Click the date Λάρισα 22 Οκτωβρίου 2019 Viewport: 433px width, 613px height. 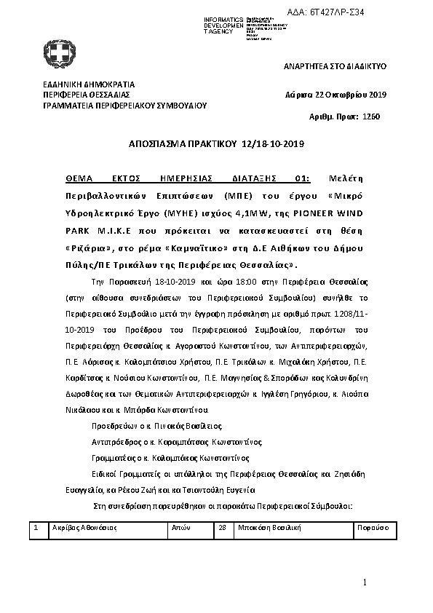click(x=336, y=95)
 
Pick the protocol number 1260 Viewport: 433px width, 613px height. click(x=370, y=116)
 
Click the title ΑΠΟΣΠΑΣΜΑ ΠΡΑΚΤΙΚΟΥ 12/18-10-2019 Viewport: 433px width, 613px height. click(x=216, y=144)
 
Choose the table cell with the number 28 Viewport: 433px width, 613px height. click(x=223, y=527)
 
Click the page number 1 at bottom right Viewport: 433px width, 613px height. click(x=367, y=582)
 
